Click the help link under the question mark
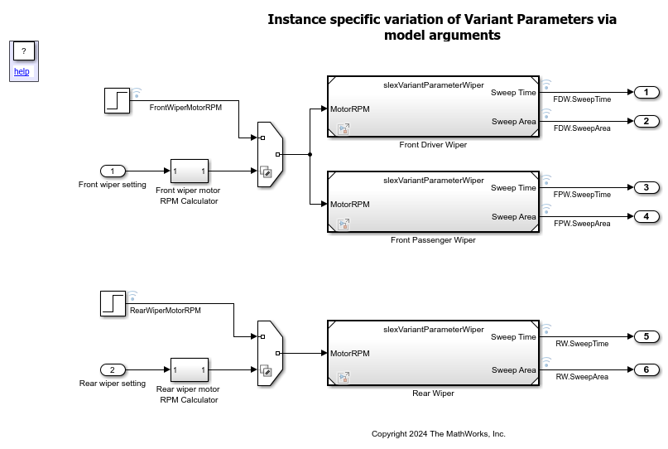point(22,71)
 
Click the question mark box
point(23,51)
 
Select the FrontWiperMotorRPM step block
point(118,100)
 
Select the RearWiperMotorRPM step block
point(113,303)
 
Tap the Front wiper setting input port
point(113,171)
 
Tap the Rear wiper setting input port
point(113,369)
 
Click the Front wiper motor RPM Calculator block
point(189,171)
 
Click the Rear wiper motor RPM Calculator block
point(189,369)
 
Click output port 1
point(646,92)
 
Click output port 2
point(646,121)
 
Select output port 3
point(646,187)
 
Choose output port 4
point(646,216)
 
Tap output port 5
point(646,336)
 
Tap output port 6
point(646,369)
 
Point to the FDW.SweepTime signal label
point(582,99)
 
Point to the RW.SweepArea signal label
point(582,377)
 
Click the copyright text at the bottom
point(438,433)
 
